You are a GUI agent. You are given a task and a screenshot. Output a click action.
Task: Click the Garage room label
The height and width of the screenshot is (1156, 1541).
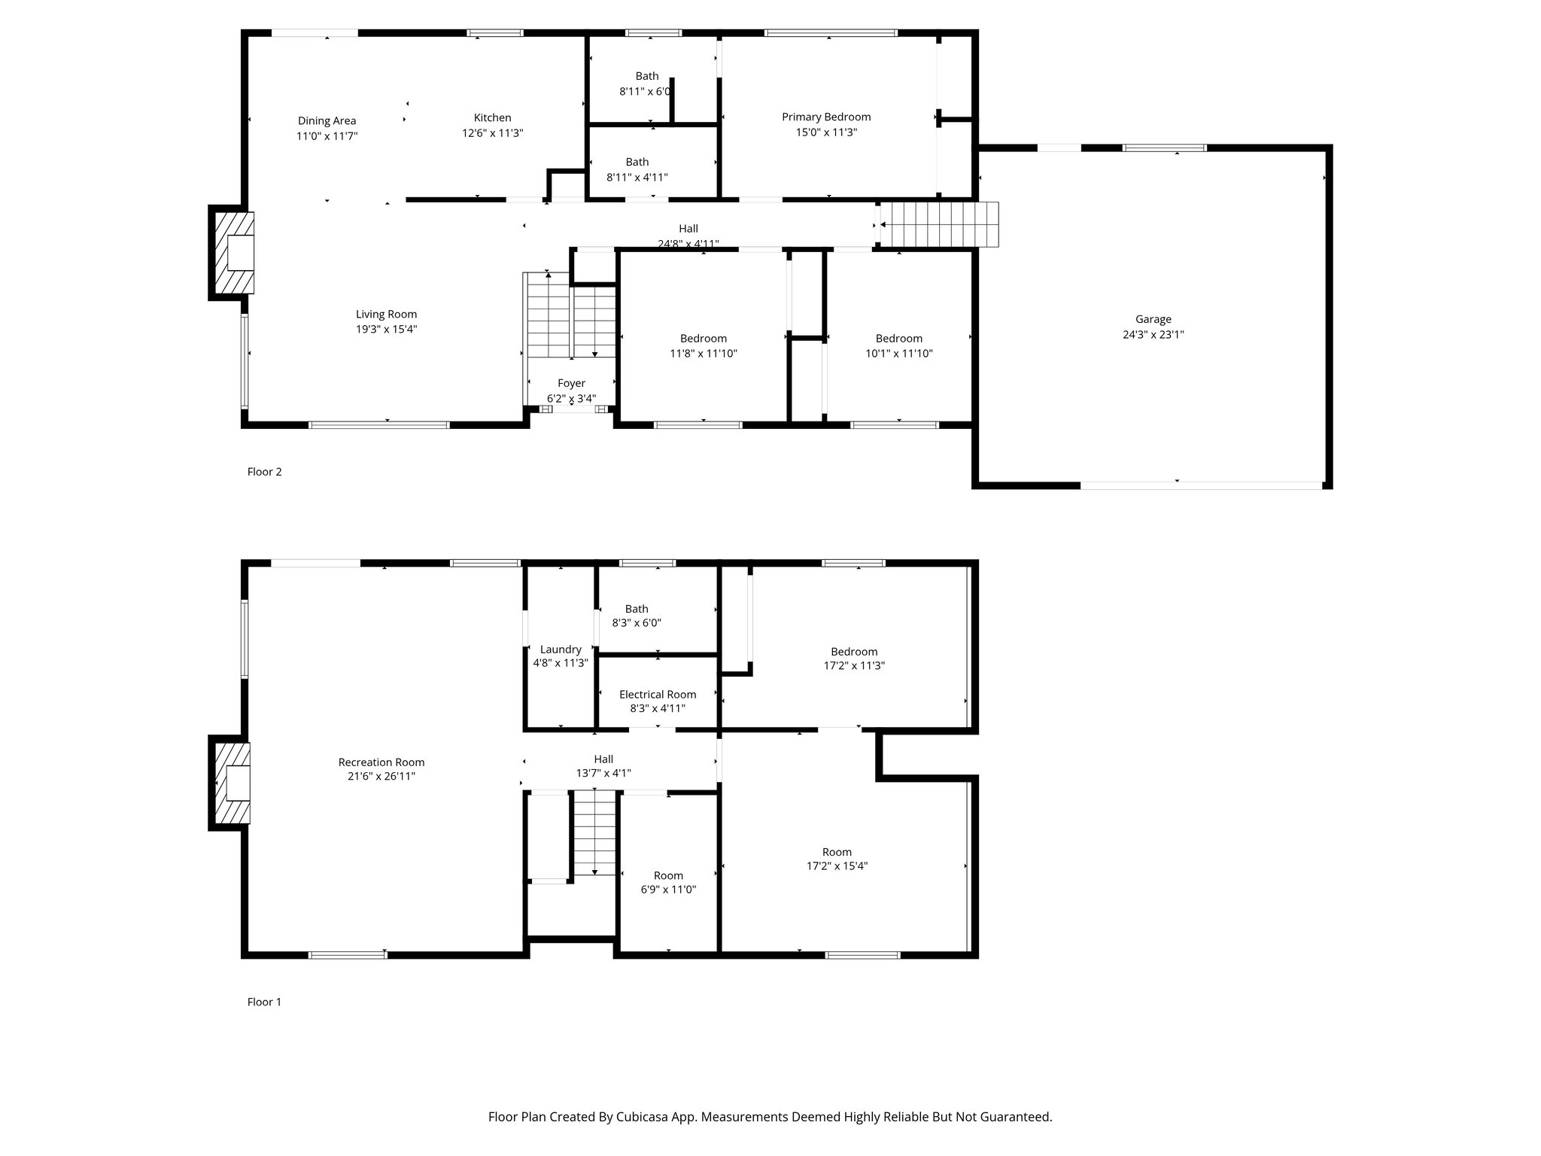[1153, 319]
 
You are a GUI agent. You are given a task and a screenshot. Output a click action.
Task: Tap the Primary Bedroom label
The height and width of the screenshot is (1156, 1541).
[826, 117]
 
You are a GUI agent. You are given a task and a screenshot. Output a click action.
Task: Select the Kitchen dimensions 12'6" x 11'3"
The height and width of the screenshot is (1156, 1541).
[492, 133]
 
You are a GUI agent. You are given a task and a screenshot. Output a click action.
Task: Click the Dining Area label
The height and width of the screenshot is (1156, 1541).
[327, 120]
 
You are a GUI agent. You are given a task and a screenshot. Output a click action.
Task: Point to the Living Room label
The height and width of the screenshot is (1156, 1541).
[386, 314]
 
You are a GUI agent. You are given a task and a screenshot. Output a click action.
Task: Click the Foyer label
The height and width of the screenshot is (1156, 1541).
[571, 383]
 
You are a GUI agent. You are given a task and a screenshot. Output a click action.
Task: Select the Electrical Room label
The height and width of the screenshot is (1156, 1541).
[658, 694]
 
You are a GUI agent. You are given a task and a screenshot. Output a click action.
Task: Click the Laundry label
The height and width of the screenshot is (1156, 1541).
[561, 649]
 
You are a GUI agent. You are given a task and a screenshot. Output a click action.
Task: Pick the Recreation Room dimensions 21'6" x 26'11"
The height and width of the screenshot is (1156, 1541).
[381, 776]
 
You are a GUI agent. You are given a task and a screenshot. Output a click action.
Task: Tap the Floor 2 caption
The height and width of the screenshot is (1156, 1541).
[264, 472]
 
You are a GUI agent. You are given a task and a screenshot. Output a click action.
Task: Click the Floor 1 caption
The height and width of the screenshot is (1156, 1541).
[264, 1002]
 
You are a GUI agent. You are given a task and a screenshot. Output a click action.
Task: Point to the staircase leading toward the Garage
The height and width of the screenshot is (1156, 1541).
[939, 224]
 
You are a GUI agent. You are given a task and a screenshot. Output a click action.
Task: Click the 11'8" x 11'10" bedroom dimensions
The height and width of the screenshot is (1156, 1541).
[704, 353]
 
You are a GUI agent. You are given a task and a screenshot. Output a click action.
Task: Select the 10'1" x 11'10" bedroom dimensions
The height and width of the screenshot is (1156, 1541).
[898, 353]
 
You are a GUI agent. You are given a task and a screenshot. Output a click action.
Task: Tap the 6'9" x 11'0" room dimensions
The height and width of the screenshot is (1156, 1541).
[668, 890]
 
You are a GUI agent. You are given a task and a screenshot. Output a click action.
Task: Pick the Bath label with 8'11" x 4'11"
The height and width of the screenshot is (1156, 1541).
[637, 162]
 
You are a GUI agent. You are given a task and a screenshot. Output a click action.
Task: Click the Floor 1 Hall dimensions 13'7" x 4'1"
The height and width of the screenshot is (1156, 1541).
[603, 773]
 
